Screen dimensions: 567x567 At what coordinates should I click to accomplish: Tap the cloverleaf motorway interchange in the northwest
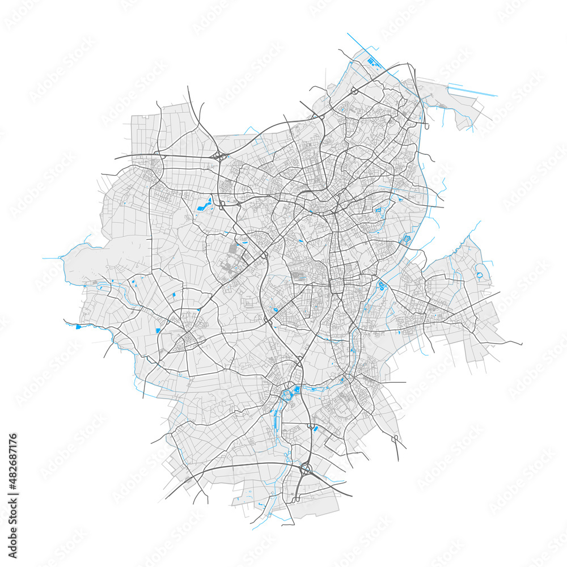click(218, 155)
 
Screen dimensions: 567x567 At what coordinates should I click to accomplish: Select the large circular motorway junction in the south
click(307, 469)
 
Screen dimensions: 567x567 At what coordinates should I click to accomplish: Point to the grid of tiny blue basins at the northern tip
click(372, 61)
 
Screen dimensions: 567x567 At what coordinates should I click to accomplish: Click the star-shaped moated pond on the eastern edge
click(406, 240)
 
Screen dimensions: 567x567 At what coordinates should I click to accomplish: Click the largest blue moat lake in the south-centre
click(297, 389)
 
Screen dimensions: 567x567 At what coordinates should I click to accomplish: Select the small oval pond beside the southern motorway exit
click(316, 429)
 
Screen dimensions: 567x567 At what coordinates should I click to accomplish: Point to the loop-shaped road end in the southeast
click(395, 438)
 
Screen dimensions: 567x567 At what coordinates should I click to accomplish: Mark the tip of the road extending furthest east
click(521, 344)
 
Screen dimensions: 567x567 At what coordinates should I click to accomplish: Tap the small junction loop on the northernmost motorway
click(353, 90)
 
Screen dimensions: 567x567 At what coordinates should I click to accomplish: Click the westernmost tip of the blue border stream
click(43, 258)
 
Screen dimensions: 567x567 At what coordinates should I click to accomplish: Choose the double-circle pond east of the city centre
click(381, 285)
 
